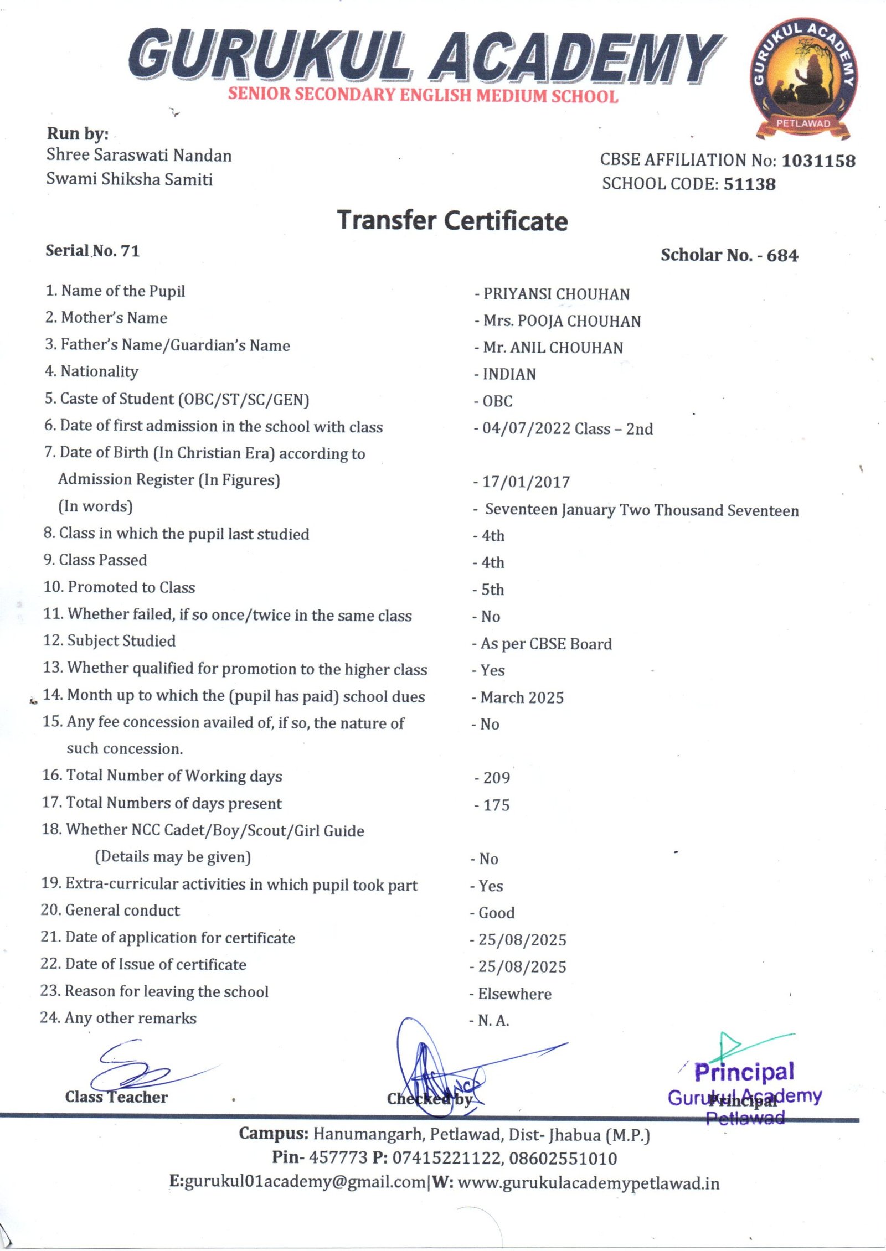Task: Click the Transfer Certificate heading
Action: click(452, 220)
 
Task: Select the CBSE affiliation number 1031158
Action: click(818, 161)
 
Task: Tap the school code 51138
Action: click(750, 184)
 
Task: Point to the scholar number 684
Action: click(782, 255)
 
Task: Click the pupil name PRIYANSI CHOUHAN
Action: click(556, 294)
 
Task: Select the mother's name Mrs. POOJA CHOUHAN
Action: click(562, 321)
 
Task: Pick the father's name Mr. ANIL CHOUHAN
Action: click(553, 348)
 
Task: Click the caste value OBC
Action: click(497, 401)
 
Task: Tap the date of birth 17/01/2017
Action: click(526, 482)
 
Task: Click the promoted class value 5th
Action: click(492, 590)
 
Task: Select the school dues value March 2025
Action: click(522, 697)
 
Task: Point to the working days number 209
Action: click(496, 778)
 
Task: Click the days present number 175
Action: click(496, 805)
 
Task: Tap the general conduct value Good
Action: click(496, 913)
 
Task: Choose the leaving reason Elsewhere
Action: click(514, 994)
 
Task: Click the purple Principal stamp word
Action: click(744, 1072)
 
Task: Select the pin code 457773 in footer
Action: click(338, 1157)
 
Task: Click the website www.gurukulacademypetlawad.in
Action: click(589, 1183)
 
